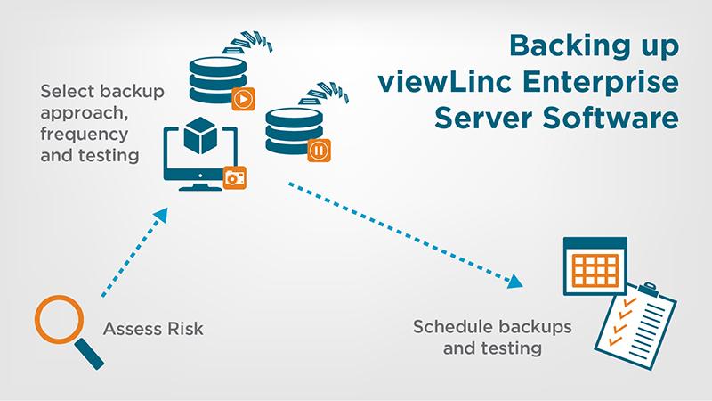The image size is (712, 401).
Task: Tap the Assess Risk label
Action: click(154, 329)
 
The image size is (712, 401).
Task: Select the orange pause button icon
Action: click(318, 149)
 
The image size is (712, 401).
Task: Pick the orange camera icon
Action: click(236, 178)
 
